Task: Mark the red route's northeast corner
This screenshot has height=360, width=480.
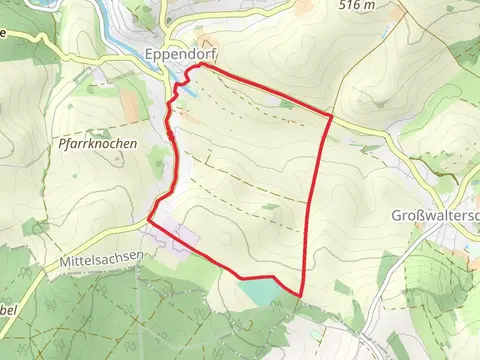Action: pyautogui.click(x=331, y=115)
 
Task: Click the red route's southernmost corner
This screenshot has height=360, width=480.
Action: pyautogui.click(x=301, y=296)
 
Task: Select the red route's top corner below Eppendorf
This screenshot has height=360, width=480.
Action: pyautogui.click(x=202, y=65)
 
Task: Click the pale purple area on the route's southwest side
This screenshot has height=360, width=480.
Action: pyautogui.click(x=185, y=240)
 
